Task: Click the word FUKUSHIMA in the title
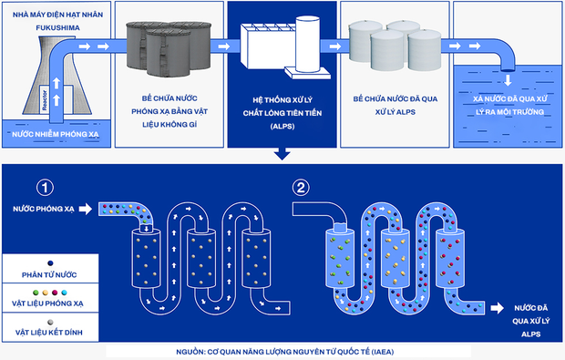57,27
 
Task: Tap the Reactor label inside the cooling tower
45,100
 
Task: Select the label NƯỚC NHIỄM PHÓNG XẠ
55,134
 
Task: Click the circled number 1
45,188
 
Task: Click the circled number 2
301,188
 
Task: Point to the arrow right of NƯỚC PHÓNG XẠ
86,209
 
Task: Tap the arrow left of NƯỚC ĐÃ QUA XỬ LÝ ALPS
498,308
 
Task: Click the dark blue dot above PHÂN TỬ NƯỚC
50,263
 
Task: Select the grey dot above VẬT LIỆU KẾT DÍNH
50,322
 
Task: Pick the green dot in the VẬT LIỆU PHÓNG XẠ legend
36,293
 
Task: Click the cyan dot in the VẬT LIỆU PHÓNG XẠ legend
64,293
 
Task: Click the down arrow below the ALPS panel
282,153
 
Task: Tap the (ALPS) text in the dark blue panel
282,126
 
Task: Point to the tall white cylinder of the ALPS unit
308,44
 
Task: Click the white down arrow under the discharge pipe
508,80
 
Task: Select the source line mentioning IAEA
285,352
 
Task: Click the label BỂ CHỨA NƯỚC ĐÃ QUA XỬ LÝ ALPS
395,105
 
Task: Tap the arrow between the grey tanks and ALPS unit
224,46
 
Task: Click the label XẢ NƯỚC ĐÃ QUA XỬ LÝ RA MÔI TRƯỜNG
510,105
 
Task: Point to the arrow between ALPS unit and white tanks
335,46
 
